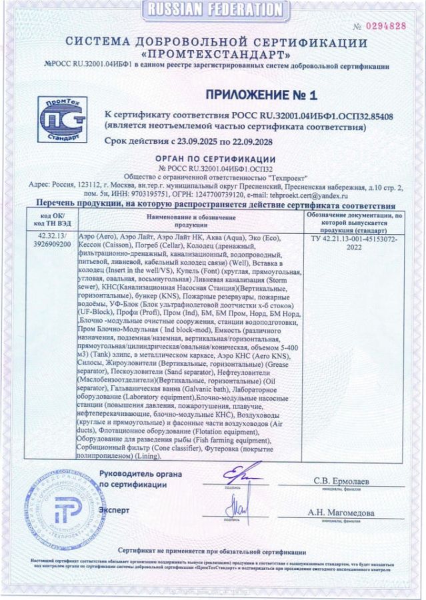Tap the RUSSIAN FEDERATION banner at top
(213, 9)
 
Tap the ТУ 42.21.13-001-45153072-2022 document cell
(353, 241)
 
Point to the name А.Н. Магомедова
(341, 513)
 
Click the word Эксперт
(114, 510)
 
